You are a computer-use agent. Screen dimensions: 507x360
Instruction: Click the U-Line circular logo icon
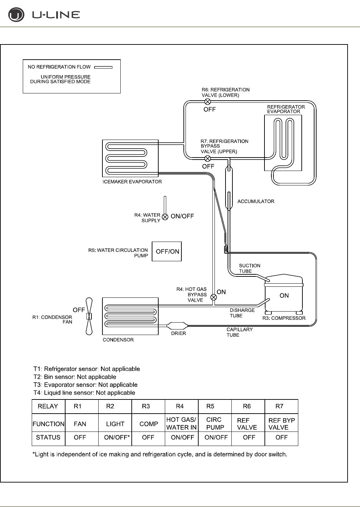tap(16, 15)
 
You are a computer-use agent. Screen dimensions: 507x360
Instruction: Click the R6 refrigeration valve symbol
tap(208, 101)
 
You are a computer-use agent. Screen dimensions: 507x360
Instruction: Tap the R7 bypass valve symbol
tap(208, 159)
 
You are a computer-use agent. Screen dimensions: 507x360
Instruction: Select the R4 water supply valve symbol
tap(165, 217)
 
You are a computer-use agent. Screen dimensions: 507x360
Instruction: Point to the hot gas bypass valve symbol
tap(214, 297)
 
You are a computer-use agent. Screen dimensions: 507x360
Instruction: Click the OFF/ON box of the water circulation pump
tap(167, 252)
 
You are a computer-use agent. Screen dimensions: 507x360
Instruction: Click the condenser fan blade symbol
tap(89, 316)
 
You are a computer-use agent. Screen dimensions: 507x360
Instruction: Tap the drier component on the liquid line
tap(177, 325)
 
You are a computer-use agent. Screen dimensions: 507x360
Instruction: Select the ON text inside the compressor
tap(284, 296)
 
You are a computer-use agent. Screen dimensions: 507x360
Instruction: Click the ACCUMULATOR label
tap(256, 201)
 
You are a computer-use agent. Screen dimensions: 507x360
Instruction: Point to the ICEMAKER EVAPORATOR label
tap(132, 182)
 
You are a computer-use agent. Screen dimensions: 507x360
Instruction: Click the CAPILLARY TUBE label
tap(239, 332)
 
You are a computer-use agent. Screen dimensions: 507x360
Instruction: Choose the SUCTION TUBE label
tap(250, 268)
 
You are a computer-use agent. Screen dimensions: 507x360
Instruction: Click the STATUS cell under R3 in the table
tap(148, 437)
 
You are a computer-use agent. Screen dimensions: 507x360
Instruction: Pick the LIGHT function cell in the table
tap(115, 424)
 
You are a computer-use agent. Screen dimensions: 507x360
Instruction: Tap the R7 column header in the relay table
tap(279, 406)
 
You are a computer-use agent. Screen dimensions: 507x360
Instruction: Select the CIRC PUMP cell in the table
tap(215, 424)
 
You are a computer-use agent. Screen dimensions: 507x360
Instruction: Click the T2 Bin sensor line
tap(75, 377)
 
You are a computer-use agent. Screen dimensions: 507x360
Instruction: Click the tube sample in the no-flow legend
tap(103, 68)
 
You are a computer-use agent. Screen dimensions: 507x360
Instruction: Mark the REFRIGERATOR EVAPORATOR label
tap(286, 109)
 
